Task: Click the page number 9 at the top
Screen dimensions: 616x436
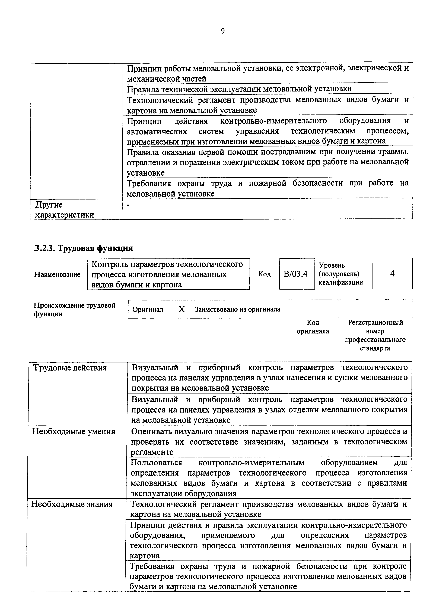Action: click(x=223, y=31)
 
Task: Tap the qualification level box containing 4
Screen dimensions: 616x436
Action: click(x=392, y=274)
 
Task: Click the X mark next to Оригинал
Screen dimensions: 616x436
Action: click(x=182, y=309)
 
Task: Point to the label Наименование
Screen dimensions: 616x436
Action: click(x=57, y=274)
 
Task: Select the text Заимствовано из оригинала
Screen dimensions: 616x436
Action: click(x=237, y=309)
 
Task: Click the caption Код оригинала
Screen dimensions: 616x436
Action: click(x=313, y=327)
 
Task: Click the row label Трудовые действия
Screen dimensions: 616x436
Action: click(x=70, y=368)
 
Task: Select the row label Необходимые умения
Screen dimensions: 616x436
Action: click(x=74, y=431)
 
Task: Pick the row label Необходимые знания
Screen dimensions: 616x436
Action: click(x=72, y=504)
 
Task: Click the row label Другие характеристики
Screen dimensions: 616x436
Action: click(x=65, y=210)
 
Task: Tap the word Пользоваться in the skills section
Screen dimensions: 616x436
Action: click(x=156, y=463)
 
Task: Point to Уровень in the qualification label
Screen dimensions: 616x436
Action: click(x=332, y=265)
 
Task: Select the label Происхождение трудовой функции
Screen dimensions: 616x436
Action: click(x=75, y=310)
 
